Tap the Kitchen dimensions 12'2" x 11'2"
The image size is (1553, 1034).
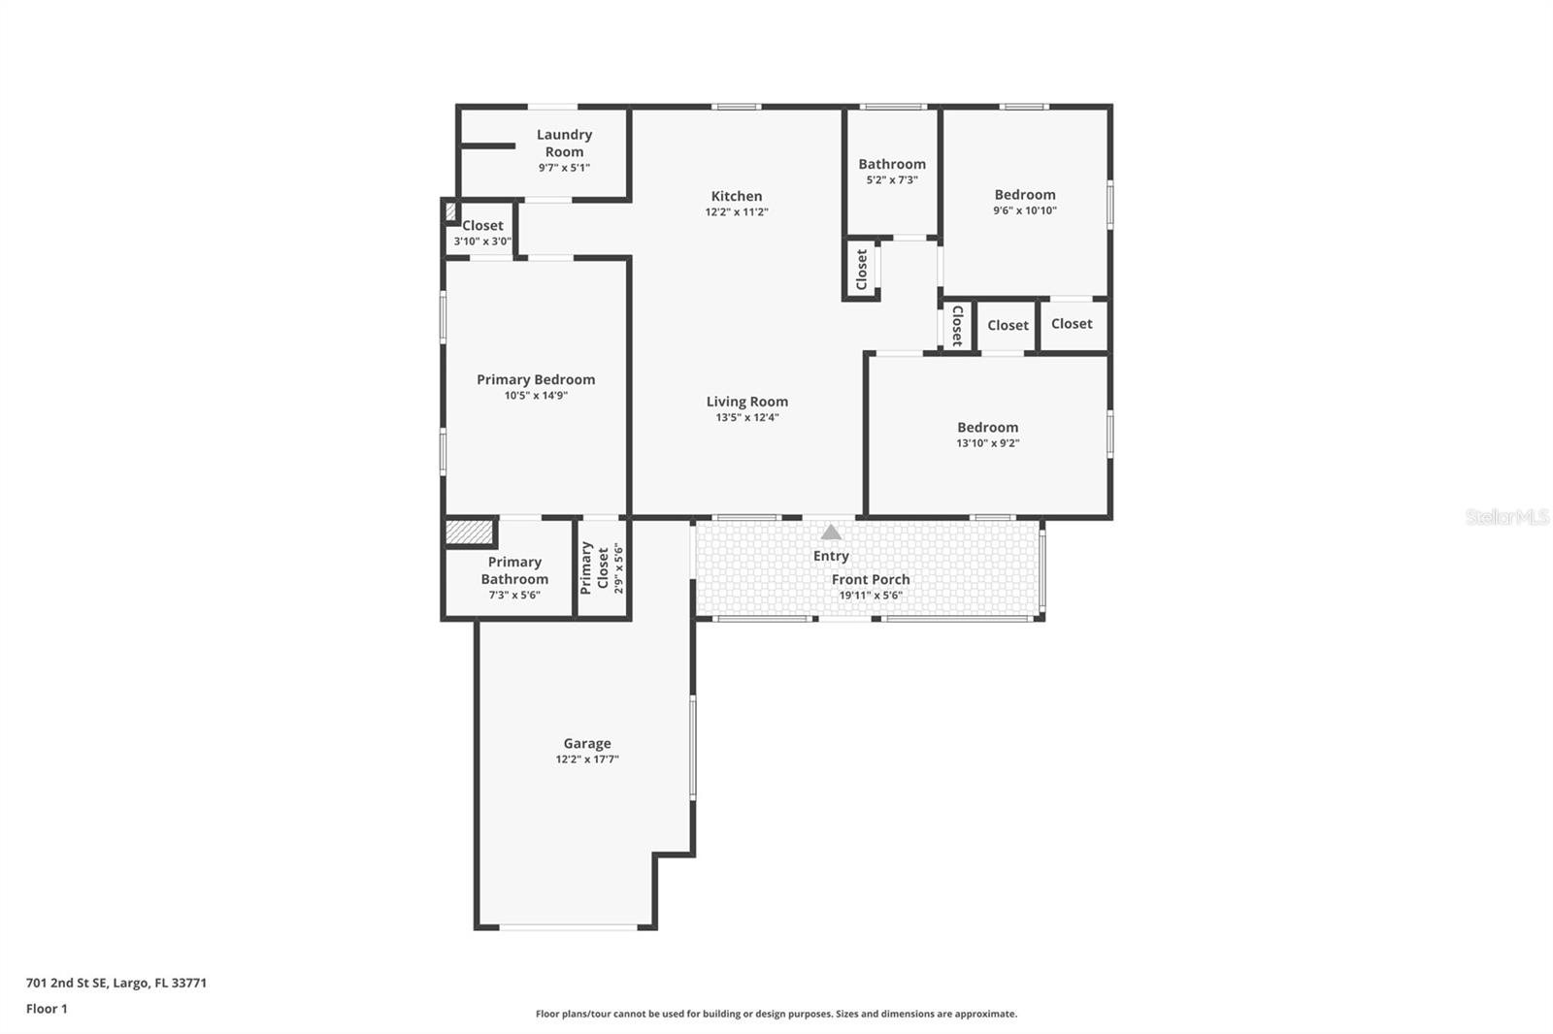click(737, 211)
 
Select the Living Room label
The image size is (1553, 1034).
click(746, 401)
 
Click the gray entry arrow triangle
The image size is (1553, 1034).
click(831, 533)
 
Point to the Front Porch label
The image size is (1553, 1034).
click(871, 579)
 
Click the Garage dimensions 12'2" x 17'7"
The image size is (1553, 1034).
click(586, 759)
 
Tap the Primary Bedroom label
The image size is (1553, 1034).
click(536, 379)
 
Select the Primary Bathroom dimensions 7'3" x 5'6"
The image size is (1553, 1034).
click(514, 596)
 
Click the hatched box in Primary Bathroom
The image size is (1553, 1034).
click(469, 533)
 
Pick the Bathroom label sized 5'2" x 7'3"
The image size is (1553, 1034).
click(891, 164)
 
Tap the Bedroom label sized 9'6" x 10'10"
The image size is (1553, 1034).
click(1024, 194)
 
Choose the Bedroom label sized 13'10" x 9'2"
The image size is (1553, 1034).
click(987, 427)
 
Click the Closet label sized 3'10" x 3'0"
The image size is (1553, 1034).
click(482, 225)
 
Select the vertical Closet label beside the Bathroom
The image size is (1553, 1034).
click(861, 269)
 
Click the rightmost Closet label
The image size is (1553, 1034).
click(1072, 324)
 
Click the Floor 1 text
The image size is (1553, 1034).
click(47, 1009)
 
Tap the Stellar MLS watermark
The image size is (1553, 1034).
click(1506, 517)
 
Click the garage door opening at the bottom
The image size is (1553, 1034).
click(568, 927)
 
